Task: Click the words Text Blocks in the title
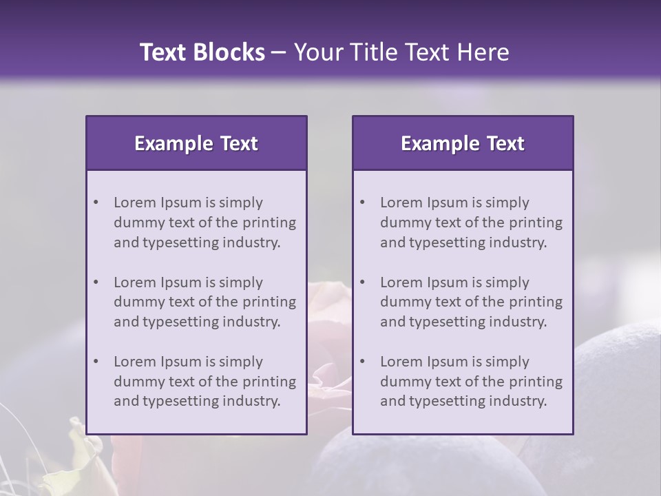coord(202,52)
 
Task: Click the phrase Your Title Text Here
coord(401,52)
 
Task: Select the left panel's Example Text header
coord(196,143)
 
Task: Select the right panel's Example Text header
coord(463,143)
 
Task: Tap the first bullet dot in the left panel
coord(96,203)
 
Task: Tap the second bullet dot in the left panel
coord(96,282)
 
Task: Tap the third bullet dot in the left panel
coord(96,362)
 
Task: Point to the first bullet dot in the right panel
coord(362,203)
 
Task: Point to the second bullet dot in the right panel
coord(362,282)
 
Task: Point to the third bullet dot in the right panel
coord(362,362)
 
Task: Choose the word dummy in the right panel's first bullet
coord(405,223)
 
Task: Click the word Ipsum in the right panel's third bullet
coord(448,362)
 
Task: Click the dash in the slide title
coord(279,52)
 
